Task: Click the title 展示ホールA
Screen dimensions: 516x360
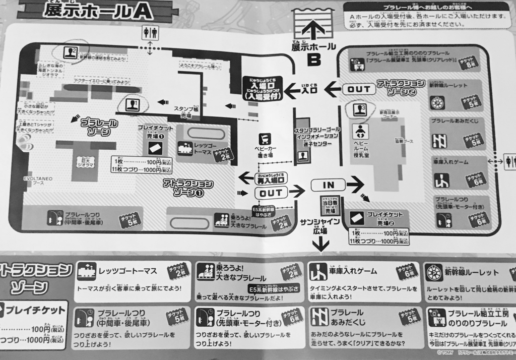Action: pos(93,11)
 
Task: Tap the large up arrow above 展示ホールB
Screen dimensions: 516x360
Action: pos(313,30)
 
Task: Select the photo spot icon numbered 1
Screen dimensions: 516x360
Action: pos(132,105)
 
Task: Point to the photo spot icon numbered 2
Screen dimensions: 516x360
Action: pos(70,51)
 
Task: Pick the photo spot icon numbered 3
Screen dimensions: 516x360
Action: pos(358,109)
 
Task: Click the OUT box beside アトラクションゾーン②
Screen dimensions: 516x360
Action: pos(359,89)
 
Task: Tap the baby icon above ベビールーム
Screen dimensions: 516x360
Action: pos(359,132)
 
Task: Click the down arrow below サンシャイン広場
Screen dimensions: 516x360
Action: pos(320,245)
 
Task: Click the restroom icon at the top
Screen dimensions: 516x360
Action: pos(150,33)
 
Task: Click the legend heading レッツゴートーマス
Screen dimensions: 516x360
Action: pos(128,271)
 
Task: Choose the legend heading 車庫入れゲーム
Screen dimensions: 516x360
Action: pos(353,271)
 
